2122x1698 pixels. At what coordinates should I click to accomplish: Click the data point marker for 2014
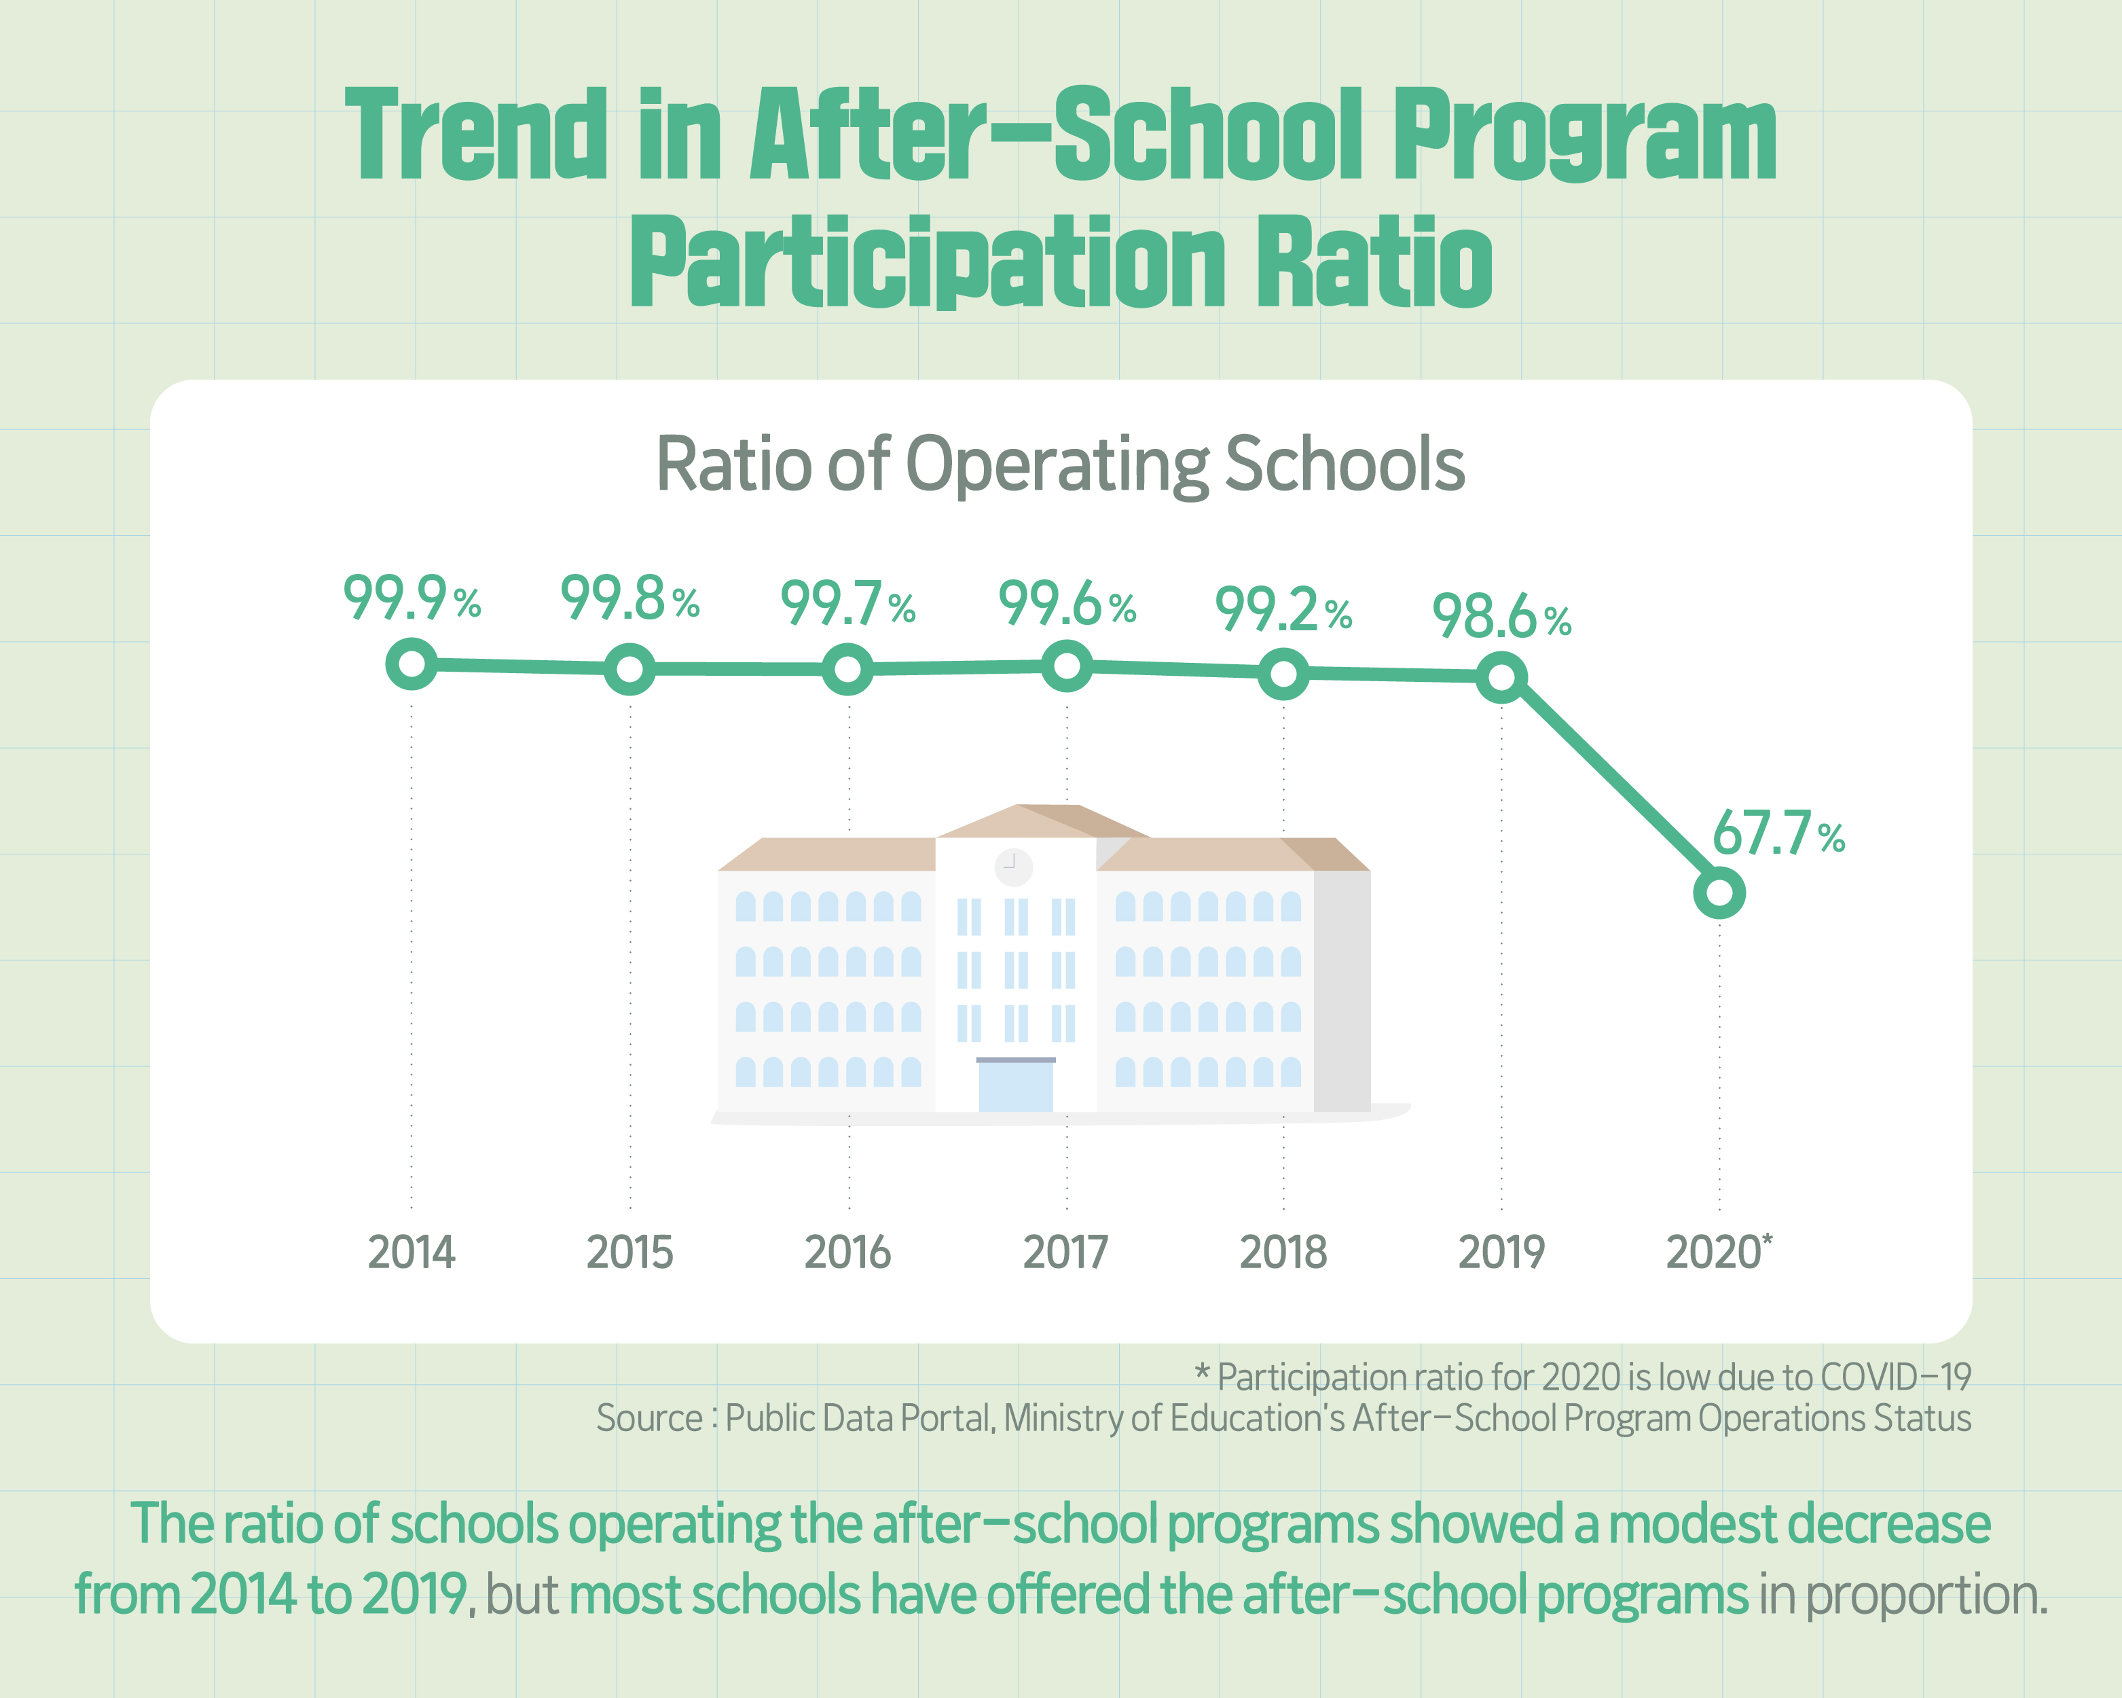411,664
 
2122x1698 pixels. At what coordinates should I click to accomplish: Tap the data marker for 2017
1066,666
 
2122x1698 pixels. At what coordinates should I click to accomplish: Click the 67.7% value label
1778,835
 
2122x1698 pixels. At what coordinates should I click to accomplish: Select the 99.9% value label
411,598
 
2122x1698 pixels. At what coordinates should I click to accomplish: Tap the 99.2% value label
1283,609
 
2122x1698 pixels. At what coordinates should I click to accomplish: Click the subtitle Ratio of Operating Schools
1060,464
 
